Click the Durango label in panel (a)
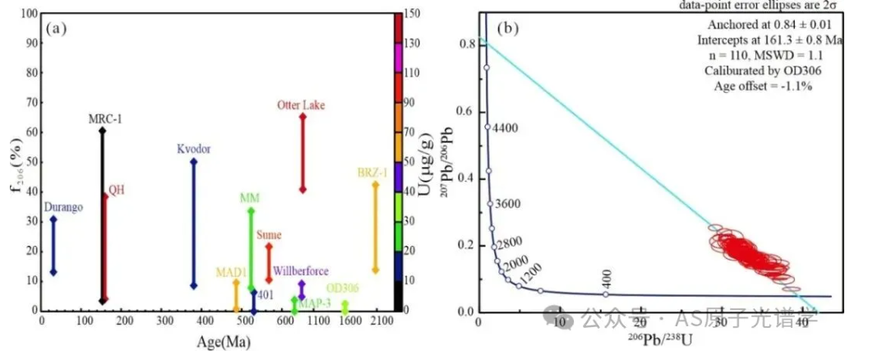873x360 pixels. pos(64,208)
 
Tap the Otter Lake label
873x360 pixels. pos(303,104)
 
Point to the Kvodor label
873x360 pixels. pos(194,149)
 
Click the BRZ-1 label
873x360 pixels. pos(374,173)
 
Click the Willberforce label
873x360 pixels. pos(302,271)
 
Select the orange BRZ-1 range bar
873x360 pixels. pos(376,226)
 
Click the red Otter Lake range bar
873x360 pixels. pos(303,153)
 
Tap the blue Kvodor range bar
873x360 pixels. pos(194,223)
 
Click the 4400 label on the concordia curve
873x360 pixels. pos(502,128)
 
